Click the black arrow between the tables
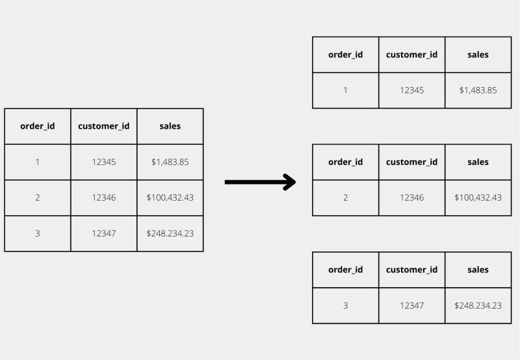[260, 182]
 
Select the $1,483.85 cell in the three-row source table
[170, 162]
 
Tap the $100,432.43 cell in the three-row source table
[170, 198]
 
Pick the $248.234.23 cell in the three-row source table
[170, 233]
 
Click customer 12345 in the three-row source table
[103, 162]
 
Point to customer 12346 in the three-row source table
[103, 198]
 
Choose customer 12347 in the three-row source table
[103, 233]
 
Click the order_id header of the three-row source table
[38, 126]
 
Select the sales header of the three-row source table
[170, 126]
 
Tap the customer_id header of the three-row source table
[103, 126]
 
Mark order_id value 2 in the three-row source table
[38, 198]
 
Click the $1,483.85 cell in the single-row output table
[478, 90]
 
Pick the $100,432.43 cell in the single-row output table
[478, 198]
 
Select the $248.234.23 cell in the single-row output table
[478, 305]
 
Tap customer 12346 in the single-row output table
[411, 198]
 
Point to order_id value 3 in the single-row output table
[345, 305]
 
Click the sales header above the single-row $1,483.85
[478, 55]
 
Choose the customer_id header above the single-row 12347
[411, 270]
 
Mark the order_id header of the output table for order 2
[345, 162]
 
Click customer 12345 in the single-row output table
[411, 90]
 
